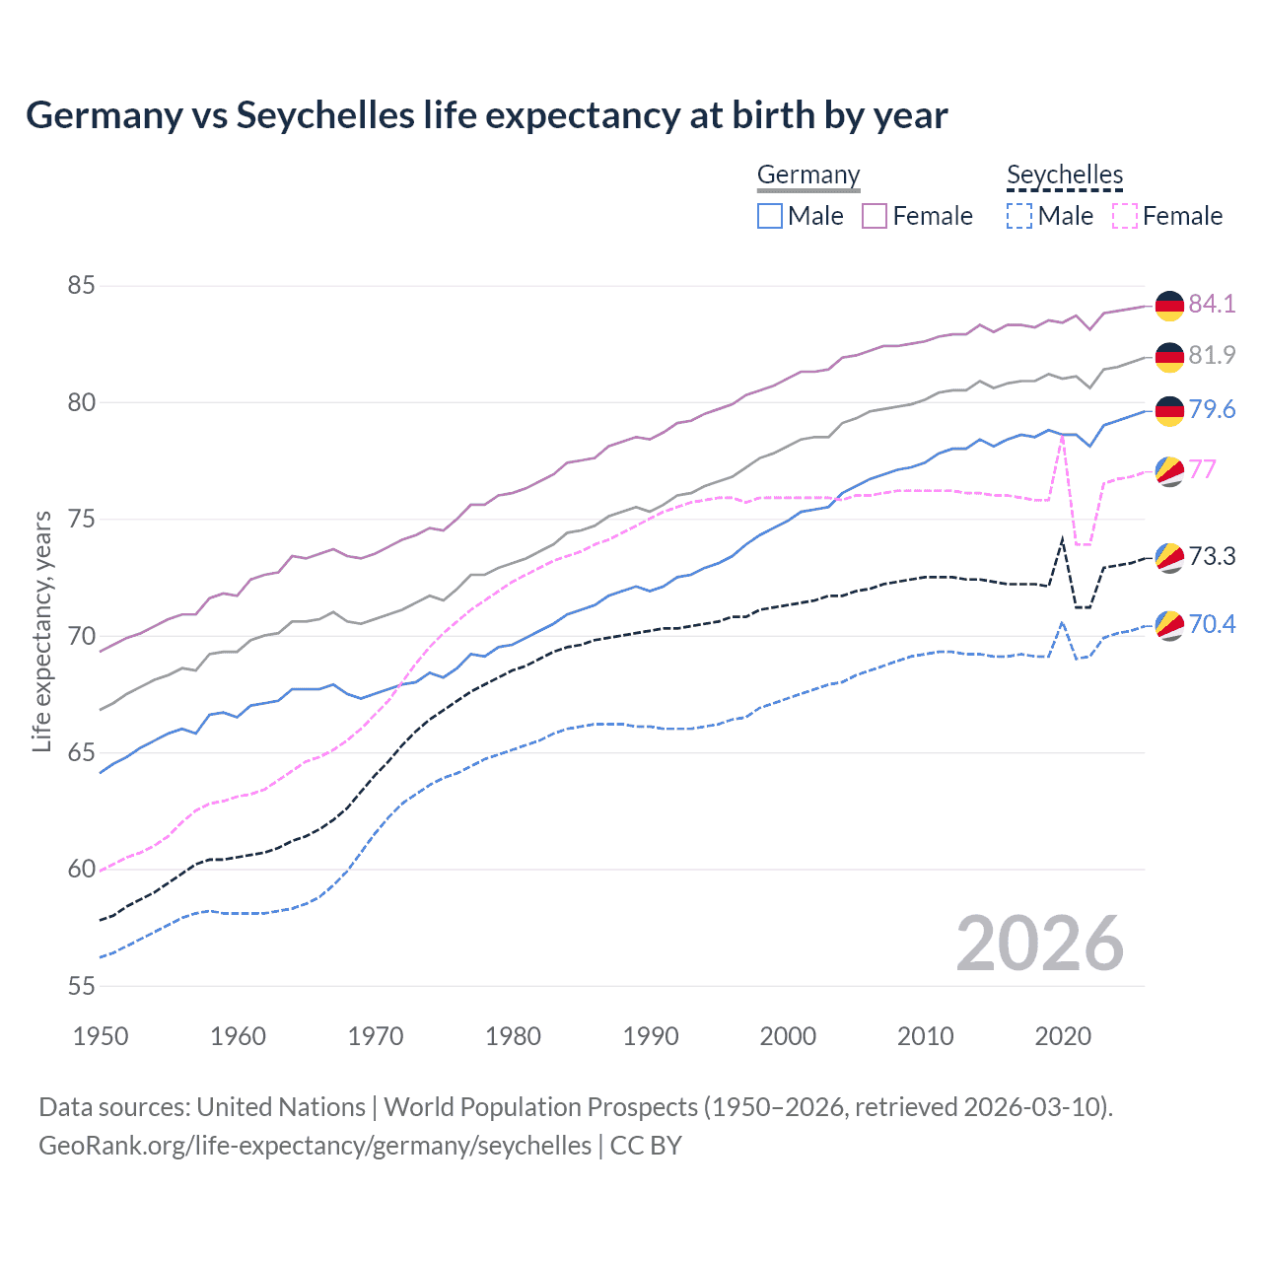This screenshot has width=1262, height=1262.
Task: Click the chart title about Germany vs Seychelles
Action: (486, 115)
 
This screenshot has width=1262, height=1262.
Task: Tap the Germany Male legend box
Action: (770, 216)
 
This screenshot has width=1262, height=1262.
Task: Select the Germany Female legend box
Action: (875, 216)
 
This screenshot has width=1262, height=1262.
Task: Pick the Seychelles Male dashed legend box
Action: (1019, 216)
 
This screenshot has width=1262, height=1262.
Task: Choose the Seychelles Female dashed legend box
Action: (1124, 216)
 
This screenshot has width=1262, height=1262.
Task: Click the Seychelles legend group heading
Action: (1065, 175)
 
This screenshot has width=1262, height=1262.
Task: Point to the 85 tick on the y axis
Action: (81, 286)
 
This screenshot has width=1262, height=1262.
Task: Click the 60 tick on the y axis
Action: (81, 869)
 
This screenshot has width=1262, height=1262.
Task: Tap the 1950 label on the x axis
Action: (101, 1036)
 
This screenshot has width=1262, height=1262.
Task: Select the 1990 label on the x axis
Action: (651, 1036)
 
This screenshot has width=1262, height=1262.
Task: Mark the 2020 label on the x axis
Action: (1063, 1036)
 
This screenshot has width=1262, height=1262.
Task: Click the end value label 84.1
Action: (1212, 304)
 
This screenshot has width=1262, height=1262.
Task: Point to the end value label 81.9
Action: (1212, 355)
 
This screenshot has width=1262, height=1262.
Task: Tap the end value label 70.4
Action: (1212, 624)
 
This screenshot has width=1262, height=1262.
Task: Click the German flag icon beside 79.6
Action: (1169, 410)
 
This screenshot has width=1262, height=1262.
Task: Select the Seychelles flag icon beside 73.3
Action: (1169, 557)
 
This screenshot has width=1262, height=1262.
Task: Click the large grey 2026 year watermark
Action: (1040, 944)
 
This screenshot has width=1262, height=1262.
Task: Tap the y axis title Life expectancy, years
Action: (42, 631)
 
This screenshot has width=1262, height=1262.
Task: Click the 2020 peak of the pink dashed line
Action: (1062, 435)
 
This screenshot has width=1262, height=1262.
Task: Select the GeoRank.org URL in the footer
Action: (315, 1146)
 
